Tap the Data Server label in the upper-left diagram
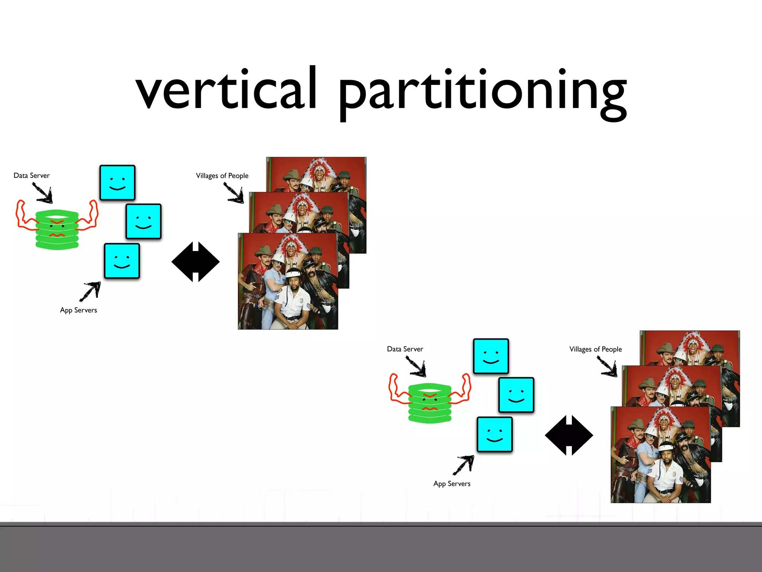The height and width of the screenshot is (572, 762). (x=32, y=175)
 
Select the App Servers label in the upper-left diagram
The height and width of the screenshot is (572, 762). (x=79, y=310)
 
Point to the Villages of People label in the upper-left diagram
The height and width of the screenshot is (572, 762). (x=222, y=176)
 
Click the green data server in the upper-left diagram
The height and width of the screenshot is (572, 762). (x=57, y=229)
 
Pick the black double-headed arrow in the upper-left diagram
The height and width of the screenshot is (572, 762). (x=195, y=262)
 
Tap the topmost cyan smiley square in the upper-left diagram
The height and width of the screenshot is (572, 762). (x=117, y=182)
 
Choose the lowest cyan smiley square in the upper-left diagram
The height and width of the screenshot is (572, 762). (x=122, y=261)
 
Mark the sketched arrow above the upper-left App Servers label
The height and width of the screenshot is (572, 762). (x=90, y=291)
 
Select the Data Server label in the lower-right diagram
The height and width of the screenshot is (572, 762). (x=405, y=349)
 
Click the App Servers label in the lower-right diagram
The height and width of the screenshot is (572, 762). (x=452, y=484)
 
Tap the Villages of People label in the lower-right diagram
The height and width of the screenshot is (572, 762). (x=595, y=349)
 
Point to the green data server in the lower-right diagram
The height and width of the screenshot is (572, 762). (x=430, y=403)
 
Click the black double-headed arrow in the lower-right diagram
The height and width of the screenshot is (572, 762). (x=569, y=435)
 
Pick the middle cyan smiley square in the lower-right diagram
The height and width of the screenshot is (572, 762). (x=516, y=395)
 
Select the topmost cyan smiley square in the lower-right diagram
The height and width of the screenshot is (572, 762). (x=491, y=356)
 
